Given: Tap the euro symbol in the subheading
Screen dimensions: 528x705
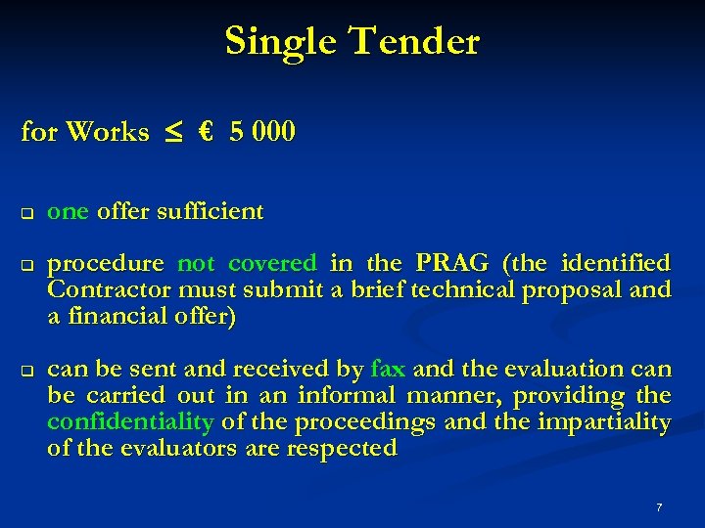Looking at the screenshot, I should (x=205, y=131).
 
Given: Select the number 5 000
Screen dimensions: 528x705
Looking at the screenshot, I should (x=261, y=131).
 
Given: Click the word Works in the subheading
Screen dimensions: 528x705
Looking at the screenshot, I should (x=108, y=131).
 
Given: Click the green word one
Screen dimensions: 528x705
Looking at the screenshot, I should (x=69, y=211).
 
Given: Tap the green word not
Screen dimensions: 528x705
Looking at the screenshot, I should (x=196, y=263).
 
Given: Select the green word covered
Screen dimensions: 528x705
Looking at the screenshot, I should (x=272, y=263).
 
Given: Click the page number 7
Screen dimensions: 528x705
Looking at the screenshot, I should (x=659, y=507).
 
